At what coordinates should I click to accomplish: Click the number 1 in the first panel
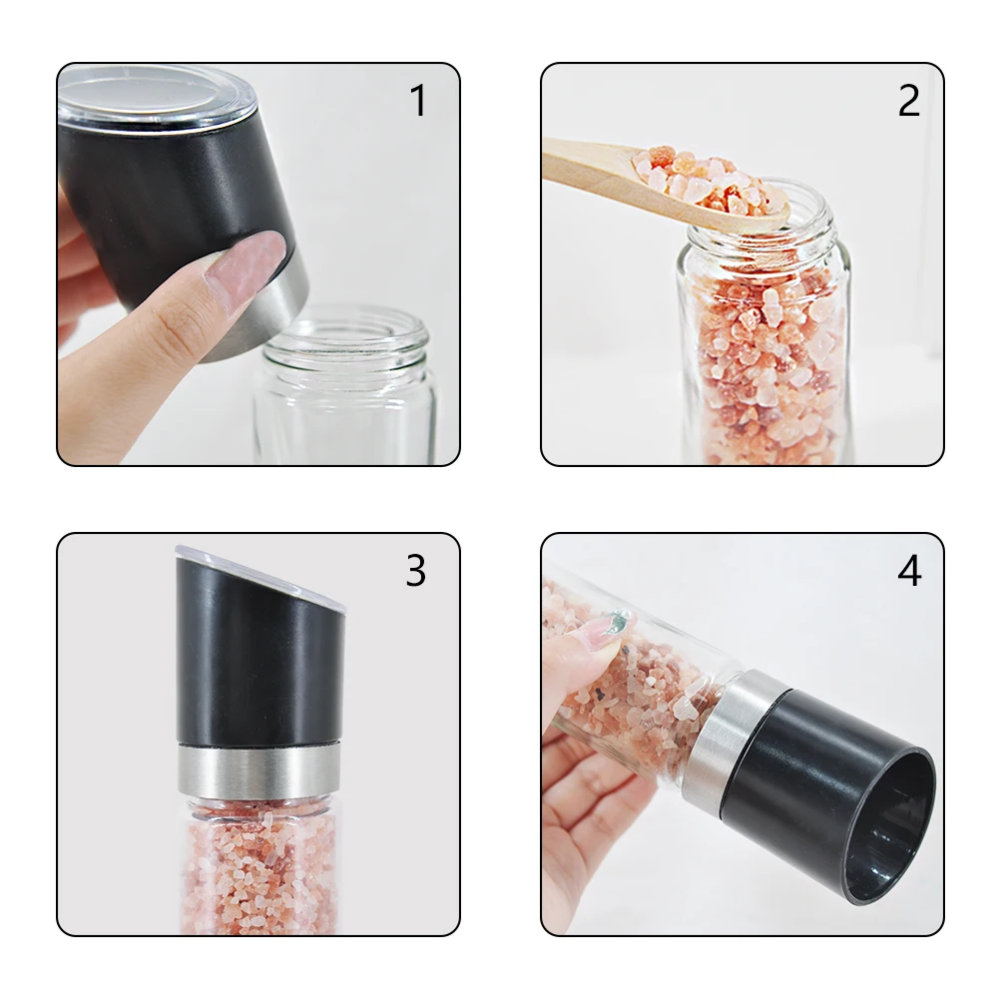point(418,101)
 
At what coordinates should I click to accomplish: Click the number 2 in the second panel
point(909,101)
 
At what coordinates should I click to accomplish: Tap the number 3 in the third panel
point(415,570)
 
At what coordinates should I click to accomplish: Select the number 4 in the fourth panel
point(909,570)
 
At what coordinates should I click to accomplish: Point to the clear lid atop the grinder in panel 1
point(156,99)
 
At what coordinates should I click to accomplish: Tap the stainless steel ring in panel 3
point(260,771)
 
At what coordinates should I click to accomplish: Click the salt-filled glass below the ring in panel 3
point(260,865)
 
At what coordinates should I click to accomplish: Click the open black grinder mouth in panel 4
point(891,827)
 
